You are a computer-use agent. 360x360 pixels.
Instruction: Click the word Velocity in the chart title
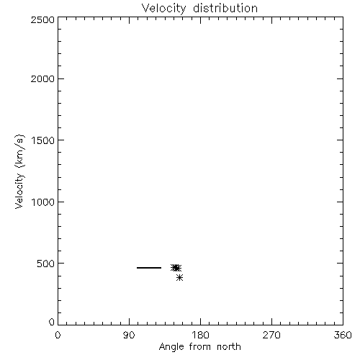(163, 9)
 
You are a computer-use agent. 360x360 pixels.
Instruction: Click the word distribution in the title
(225, 8)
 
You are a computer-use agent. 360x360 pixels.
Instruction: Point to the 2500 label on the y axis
(42, 19)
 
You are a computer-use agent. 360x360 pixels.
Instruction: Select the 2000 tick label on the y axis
(42, 78)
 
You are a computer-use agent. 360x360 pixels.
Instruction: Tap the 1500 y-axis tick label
(43, 140)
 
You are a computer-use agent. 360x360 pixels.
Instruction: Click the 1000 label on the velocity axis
(43, 202)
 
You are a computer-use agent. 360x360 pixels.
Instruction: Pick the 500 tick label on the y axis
(46, 264)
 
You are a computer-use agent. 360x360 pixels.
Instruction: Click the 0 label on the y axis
(52, 322)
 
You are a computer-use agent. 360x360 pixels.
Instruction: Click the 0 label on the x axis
(58, 335)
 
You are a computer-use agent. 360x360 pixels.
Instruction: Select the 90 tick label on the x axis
(129, 335)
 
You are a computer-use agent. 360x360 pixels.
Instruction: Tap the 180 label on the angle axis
(200, 335)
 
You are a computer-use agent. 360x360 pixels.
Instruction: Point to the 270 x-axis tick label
(271, 335)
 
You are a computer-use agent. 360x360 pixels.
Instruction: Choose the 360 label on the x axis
(343, 335)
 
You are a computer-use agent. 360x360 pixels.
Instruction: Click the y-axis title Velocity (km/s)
(19, 171)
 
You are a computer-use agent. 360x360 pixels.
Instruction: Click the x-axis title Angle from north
(200, 347)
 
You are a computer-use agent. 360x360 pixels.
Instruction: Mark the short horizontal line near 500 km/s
(149, 268)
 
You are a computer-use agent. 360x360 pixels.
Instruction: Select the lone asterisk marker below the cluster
(179, 278)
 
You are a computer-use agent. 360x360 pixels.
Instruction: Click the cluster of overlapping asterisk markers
(176, 268)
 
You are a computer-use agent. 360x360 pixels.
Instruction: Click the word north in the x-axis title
(229, 346)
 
